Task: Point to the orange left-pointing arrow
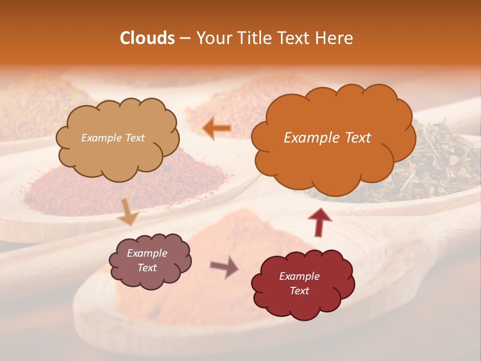[216, 128]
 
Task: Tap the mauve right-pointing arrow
[224, 266]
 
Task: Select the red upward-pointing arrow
[319, 222]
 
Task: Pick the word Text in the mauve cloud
[147, 268]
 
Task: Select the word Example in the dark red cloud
[299, 276]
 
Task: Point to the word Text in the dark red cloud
[299, 291]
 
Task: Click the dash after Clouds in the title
[185, 38]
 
